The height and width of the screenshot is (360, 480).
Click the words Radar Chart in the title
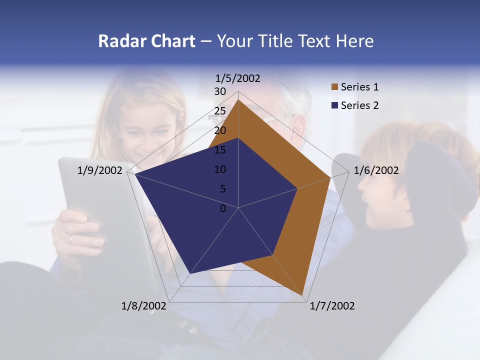(x=146, y=41)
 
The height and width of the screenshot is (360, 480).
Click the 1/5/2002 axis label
(x=238, y=78)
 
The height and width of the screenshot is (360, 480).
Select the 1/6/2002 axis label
(x=376, y=170)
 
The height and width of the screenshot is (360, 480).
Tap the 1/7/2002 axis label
(x=332, y=306)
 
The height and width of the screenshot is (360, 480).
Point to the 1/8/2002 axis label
(x=144, y=306)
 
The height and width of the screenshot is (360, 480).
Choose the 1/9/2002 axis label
(x=100, y=170)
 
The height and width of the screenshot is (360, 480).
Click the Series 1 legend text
(x=359, y=87)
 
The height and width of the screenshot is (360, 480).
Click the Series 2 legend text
(x=359, y=105)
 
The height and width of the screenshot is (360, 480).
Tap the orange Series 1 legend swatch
(x=334, y=87)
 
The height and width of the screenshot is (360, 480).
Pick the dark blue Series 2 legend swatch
(x=334, y=105)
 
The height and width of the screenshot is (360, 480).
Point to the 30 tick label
(x=220, y=91)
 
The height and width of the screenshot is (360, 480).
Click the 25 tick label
(x=220, y=111)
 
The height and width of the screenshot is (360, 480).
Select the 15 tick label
(x=220, y=150)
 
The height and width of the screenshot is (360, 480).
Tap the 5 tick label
(x=223, y=189)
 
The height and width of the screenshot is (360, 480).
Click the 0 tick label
(x=223, y=208)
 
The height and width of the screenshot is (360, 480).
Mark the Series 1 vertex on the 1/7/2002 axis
(x=302, y=295)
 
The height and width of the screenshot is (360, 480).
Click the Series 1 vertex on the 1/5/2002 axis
(x=238, y=99)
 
